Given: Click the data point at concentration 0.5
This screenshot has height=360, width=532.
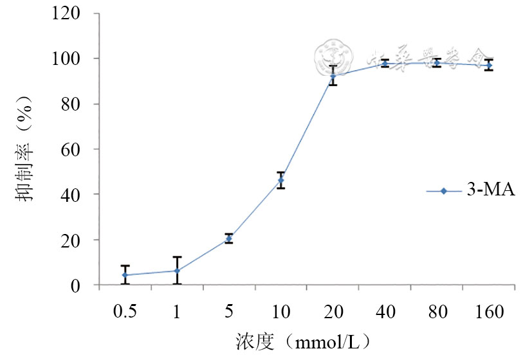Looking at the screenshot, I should (x=125, y=275).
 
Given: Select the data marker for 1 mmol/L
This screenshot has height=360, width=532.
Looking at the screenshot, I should (x=177, y=271).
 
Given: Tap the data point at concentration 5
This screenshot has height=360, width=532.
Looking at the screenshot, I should (x=228, y=239).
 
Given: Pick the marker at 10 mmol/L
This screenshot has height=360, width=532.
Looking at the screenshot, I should (x=280, y=180).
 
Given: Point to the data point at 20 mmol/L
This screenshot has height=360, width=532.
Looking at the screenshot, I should (x=333, y=76).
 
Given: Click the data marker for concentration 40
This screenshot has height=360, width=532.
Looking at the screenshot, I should (x=385, y=63).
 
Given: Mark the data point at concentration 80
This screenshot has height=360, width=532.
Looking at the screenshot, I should (x=437, y=62).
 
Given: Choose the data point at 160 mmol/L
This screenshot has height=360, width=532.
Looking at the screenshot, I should (x=489, y=64).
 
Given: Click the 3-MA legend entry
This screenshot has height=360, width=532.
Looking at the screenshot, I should (x=471, y=191).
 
